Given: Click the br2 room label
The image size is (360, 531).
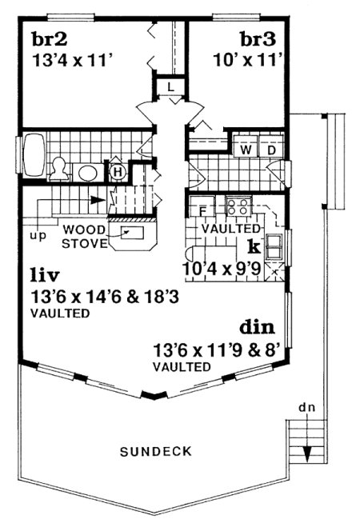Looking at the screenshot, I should [47, 38].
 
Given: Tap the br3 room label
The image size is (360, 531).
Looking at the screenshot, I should [257, 38].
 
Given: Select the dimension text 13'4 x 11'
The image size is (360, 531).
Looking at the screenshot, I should [70, 59].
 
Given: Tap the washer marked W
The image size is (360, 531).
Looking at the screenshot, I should [246, 150].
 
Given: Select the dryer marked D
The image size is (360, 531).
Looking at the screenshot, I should [270, 150].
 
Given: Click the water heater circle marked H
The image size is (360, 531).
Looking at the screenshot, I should [118, 170].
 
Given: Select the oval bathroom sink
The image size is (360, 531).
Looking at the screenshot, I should [86, 172].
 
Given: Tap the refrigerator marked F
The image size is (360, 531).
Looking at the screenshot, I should [202, 210].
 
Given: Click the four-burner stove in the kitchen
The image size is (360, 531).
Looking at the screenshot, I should [238, 206].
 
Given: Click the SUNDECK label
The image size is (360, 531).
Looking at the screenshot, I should [156, 451].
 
